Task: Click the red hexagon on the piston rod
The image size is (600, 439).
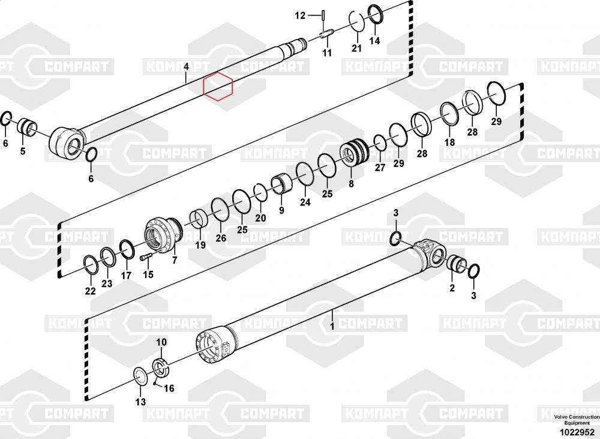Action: coord(218,86)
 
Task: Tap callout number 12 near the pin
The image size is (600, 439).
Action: coord(300,16)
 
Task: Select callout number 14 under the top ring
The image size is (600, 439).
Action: coord(374,40)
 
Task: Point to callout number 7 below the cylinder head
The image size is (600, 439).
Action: coord(175,261)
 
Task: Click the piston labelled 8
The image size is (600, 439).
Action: coord(355,153)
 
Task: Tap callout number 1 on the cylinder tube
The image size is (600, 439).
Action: coord(332,326)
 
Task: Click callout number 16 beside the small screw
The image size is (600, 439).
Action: coord(169,389)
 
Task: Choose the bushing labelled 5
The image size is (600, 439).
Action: coord(28,126)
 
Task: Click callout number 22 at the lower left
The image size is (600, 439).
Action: coord(91,291)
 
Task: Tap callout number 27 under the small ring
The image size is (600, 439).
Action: coord(380,168)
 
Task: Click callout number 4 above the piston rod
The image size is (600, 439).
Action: coord(186,67)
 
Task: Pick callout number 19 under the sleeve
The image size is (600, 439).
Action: coord(200,245)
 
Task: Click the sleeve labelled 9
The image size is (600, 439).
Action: coord(283,184)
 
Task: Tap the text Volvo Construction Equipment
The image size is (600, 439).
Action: coord(577,420)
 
